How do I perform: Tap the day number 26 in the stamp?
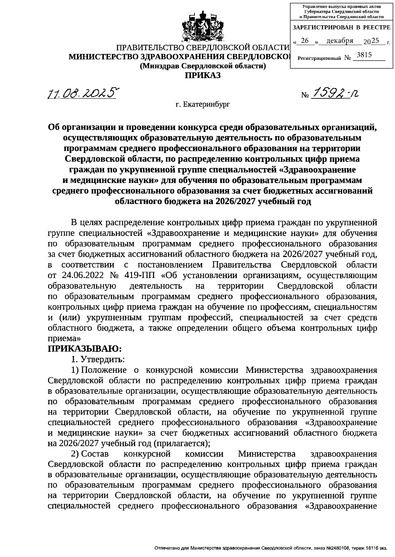coord(305,40)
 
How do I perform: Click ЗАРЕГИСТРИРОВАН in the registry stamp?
coord(323,28)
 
